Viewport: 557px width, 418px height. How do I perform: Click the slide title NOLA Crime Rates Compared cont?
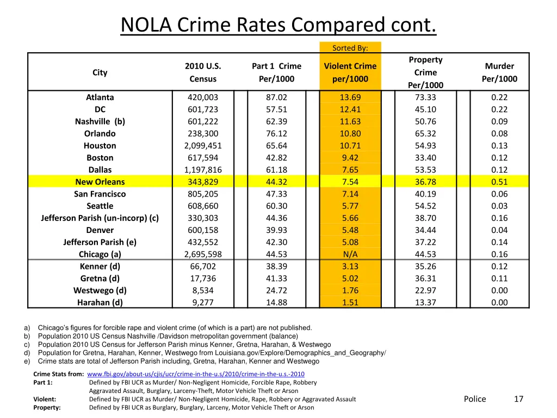click(x=278, y=26)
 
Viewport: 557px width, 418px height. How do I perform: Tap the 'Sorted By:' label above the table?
click(x=350, y=48)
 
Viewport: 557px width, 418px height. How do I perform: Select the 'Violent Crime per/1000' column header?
click(x=350, y=72)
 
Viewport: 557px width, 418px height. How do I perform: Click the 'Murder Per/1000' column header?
click(x=499, y=72)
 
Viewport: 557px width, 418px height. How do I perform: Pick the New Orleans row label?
click(x=100, y=182)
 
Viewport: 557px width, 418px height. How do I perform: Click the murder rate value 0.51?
click(x=499, y=182)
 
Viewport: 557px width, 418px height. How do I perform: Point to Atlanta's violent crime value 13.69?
click(x=350, y=97)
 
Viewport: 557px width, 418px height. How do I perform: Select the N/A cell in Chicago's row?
click(x=350, y=254)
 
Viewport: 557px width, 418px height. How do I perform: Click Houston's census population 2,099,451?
click(x=203, y=145)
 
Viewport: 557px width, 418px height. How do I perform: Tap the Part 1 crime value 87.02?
click(x=276, y=97)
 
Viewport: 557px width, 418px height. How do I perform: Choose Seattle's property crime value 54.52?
click(x=425, y=206)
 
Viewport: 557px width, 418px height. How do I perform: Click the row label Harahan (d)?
click(x=100, y=303)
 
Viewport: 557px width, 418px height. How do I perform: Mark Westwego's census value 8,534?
click(x=203, y=291)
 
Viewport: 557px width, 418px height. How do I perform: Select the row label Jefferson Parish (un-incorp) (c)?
click(x=100, y=218)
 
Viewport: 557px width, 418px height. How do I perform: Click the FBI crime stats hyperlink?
click(x=195, y=374)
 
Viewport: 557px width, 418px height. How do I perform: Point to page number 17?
click(x=518, y=399)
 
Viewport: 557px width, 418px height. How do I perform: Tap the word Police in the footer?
click(x=474, y=399)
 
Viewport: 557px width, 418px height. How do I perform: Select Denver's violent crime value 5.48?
click(x=350, y=230)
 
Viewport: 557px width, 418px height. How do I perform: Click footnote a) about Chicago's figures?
click(x=174, y=328)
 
